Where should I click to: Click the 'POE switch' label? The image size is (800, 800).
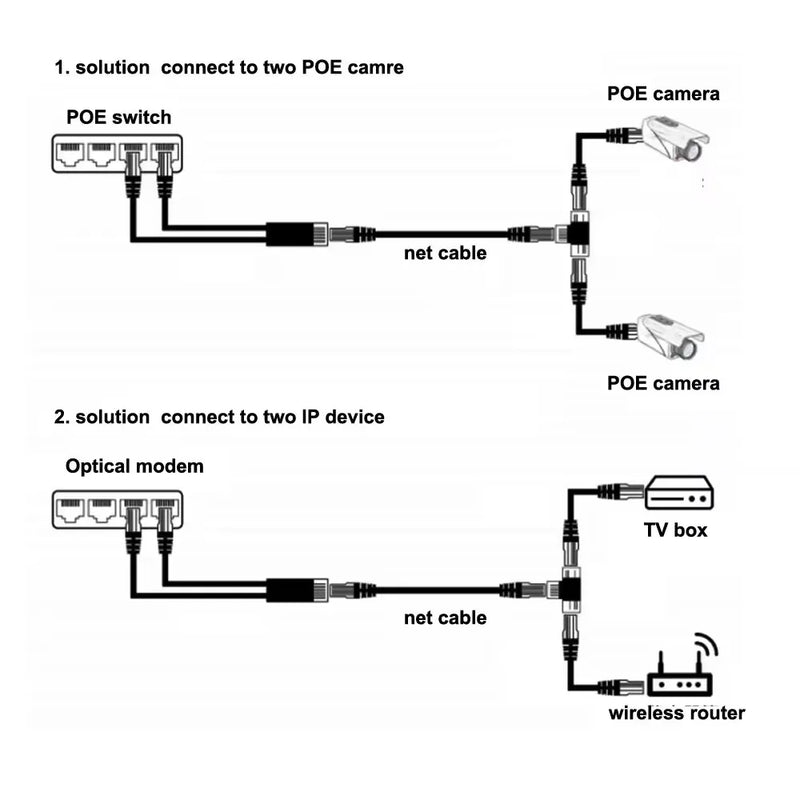pyautogui.click(x=118, y=117)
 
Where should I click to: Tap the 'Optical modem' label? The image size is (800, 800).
pyautogui.click(x=134, y=466)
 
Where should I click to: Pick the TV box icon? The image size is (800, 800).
pyautogui.click(x=677, y=492)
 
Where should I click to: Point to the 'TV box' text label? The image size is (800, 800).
pyautogui.click(x=675, y=530)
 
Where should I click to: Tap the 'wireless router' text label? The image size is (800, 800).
pyautogui.click(x=677, y=713)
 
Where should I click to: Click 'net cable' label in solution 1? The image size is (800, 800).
pyautogui.click(x=445, y=253)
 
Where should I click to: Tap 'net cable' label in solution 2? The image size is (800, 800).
pyautogui.click(x=445, y=618)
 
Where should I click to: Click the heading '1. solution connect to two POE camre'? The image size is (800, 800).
pyautogui.click(x=229, y=68)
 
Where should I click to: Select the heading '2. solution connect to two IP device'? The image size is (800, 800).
pyautogui.click(x=219, y=416)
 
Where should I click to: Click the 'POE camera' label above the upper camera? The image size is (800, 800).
pyautogui.click(x=663, y=94)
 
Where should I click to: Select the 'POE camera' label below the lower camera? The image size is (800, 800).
pyautogui.click(x=663, y=383)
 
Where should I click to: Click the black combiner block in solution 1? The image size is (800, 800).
pyautogui.click(x=291, y=235)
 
